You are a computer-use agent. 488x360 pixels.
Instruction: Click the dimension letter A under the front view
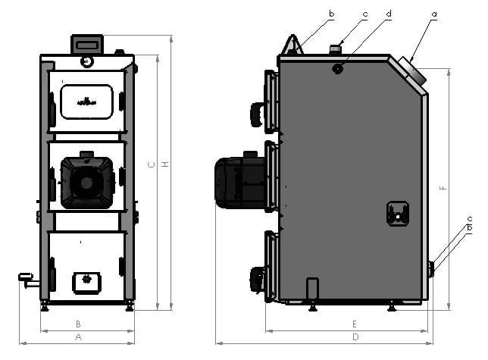tap(78, 337)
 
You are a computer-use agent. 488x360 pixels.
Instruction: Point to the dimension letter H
tap(166, 165)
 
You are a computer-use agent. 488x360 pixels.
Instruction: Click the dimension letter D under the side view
tap(355, 337)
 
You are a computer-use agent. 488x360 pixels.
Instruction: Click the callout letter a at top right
tap(434, 13)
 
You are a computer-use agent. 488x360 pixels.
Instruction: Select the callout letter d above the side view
tap(389, 14)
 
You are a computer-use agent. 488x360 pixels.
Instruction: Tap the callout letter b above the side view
tap(331, 13)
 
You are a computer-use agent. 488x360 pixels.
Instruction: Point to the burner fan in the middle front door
tap(85, 182)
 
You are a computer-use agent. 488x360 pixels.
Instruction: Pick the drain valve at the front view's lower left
tap(27, 280)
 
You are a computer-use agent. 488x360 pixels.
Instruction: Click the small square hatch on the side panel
tap(397, 213)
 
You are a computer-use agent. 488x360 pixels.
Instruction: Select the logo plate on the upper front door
tap(86, 102)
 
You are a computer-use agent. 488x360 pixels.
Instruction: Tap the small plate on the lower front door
tap(87, 281)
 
